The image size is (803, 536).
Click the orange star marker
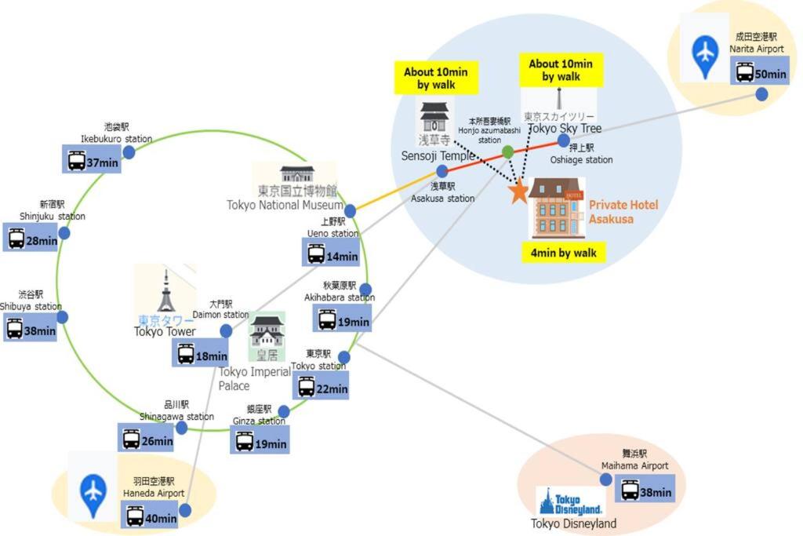click(x=518, y=191)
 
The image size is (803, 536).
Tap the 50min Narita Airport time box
click(x=760, y=74)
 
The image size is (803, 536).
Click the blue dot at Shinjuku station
click(x=64, y=233)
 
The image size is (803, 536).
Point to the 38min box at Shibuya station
click(x=31, y=330)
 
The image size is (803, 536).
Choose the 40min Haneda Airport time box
click(x=152, y=517)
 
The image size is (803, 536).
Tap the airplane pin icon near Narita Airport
click(x=705, y=56)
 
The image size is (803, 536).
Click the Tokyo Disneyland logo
click(x=570, y=503)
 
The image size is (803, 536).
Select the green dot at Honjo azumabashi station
click(x=507, y=151)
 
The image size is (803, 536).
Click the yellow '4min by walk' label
click(x=563, y=253)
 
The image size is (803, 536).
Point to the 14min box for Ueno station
click(x=332, y=255)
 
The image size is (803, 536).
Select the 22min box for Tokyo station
click(x=322, y=388)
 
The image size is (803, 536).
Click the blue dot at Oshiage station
click(x=563, y=140)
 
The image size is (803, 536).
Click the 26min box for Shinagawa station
click(x=147, y=440)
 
